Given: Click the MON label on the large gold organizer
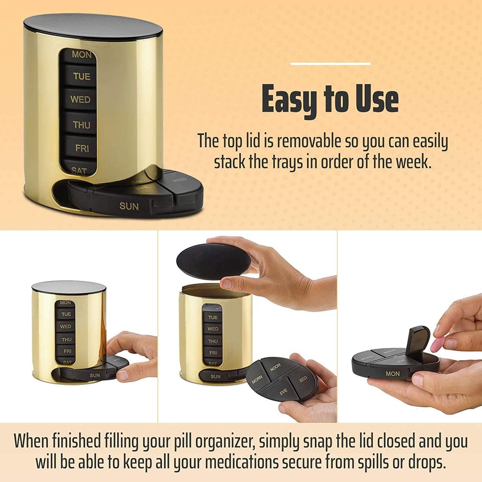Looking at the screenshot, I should (x=81, y=55).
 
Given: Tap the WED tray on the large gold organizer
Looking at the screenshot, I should (x=80, y=100).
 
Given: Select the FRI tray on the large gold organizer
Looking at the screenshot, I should (x=81, y=148).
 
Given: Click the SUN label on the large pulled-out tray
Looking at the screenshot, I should (x=129, y=206).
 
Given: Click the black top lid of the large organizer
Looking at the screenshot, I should (x=93, y=26).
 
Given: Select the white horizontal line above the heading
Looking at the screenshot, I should (x=330, y=64).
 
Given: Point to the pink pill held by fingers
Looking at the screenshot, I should (x=438, y=344).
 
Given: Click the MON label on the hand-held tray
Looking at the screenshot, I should (x=392, y=374).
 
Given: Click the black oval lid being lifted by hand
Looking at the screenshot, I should (x=213, y=261).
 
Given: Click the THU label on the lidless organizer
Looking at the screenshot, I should (x=213, y=341).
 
